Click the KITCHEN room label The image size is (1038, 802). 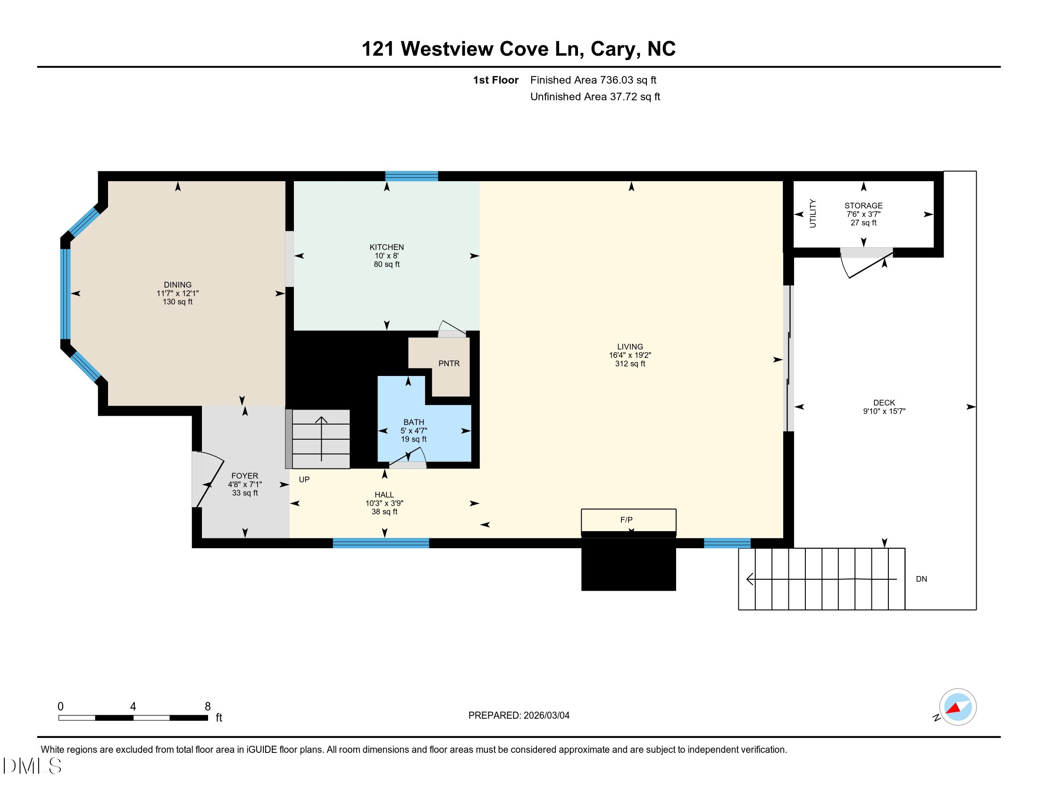pyautogui.click(x=386, y=247)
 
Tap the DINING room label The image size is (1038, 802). pyautogui.click(x=177, y=284)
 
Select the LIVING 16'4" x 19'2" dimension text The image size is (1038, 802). pyautogui.click(x=630, y=355)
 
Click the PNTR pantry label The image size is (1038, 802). pyautogui.click(x=449, y=363)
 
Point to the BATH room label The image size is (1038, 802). pyautogui.click(x=413, y=422)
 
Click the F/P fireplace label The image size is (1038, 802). pyautogui.click(x=626, y=520)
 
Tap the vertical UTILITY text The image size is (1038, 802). pyautogui.click(x=812, y=213)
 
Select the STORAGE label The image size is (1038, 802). pyautogui.click(x=863, y=206)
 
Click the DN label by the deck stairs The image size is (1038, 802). pyautogui.click(x=921, y=579)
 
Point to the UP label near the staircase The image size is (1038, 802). pyautogui.click(x=304, y=479)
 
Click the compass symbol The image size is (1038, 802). pyautogui.click(x=957, y=707)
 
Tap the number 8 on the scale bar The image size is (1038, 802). pyautogui.click(x=208, y=707)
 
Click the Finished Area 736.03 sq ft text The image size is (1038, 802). pyautogui.click(x=593, y=80)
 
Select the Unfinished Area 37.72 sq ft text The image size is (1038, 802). pyautogui.click(x=594, y=97)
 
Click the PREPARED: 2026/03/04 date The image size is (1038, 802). pyautogui.click(x=519, y=715)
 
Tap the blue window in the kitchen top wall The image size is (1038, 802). pyautogui.click(x=411, y=176)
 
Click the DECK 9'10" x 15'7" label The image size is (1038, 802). pyautogui.click(x=884, y=407)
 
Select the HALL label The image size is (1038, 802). pyautogui.click(x=384, y=494)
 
